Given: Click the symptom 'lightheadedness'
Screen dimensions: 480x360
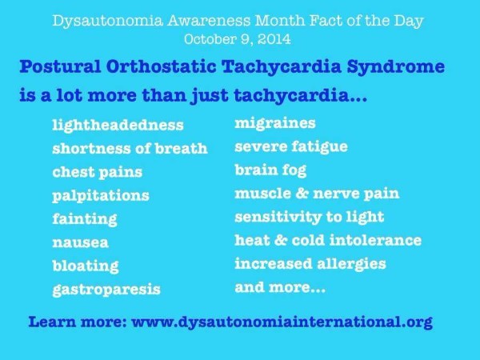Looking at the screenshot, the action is (x=118, y=126).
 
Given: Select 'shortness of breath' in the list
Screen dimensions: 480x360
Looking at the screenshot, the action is (x=130, y=149).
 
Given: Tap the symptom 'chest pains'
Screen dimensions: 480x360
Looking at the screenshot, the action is (x=98, y=172).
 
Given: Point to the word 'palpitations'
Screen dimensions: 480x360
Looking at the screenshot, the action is (x=101, y=196).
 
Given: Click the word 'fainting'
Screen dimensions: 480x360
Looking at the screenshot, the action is (x=85, y=219).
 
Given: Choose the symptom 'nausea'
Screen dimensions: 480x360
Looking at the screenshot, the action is (x=81, y=242).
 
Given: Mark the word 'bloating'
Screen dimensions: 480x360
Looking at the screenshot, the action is (x=86, y=266).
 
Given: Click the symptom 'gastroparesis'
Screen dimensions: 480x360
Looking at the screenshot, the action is (x=106, y=290).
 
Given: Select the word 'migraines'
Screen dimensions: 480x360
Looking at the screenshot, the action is (x=275, y=124).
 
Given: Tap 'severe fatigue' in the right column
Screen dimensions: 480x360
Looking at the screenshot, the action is (x=291, y=147).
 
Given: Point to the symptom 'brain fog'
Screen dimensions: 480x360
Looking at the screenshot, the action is (x=270, y=170).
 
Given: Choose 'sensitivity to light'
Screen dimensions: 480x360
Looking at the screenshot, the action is (x=309, y=217).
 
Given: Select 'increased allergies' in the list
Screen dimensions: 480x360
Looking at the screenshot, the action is (x=310, y=264).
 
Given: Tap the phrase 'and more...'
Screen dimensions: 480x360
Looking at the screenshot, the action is (x=280, y=288).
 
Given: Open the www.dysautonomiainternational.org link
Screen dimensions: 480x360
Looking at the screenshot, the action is (x=282, y=322).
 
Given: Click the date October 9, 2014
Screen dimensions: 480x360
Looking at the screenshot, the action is (x=238, y=39).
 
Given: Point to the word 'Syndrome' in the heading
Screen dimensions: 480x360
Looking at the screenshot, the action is (x=395, y=67).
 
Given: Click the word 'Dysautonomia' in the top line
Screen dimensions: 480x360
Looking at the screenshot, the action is (x=107, y=21).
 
